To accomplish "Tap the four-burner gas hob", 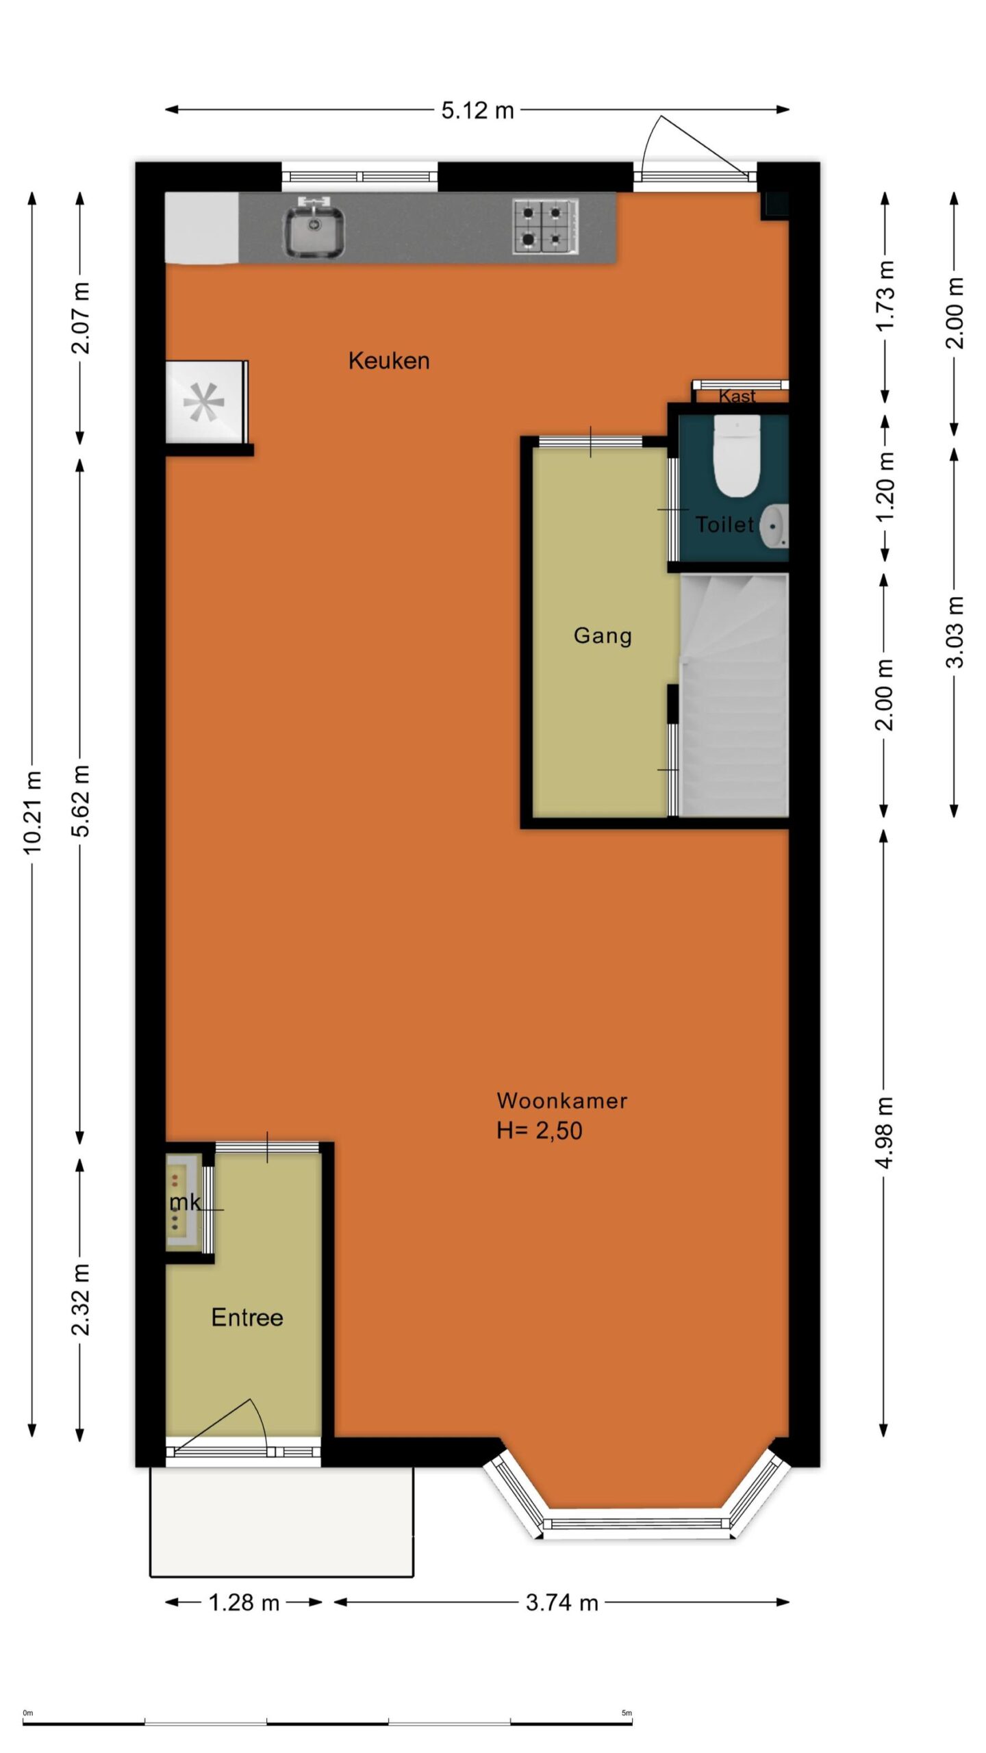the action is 545,226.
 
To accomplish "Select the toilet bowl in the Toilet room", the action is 736,455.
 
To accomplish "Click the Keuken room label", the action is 389,361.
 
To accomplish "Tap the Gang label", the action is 603,635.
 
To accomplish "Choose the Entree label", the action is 247,1317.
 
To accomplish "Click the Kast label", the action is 737,396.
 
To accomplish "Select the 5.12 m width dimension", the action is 477,110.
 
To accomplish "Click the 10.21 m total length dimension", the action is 32,812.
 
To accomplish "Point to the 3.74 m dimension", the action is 561,1602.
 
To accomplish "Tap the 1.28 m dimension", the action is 244,1602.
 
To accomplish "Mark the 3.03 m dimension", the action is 955,632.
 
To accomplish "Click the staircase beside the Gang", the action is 734,694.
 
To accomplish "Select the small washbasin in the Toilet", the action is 774,527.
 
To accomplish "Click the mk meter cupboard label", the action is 185,1202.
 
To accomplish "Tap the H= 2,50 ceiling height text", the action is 540,1131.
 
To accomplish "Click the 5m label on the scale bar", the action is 627,1713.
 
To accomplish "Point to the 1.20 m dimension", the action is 885,487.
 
